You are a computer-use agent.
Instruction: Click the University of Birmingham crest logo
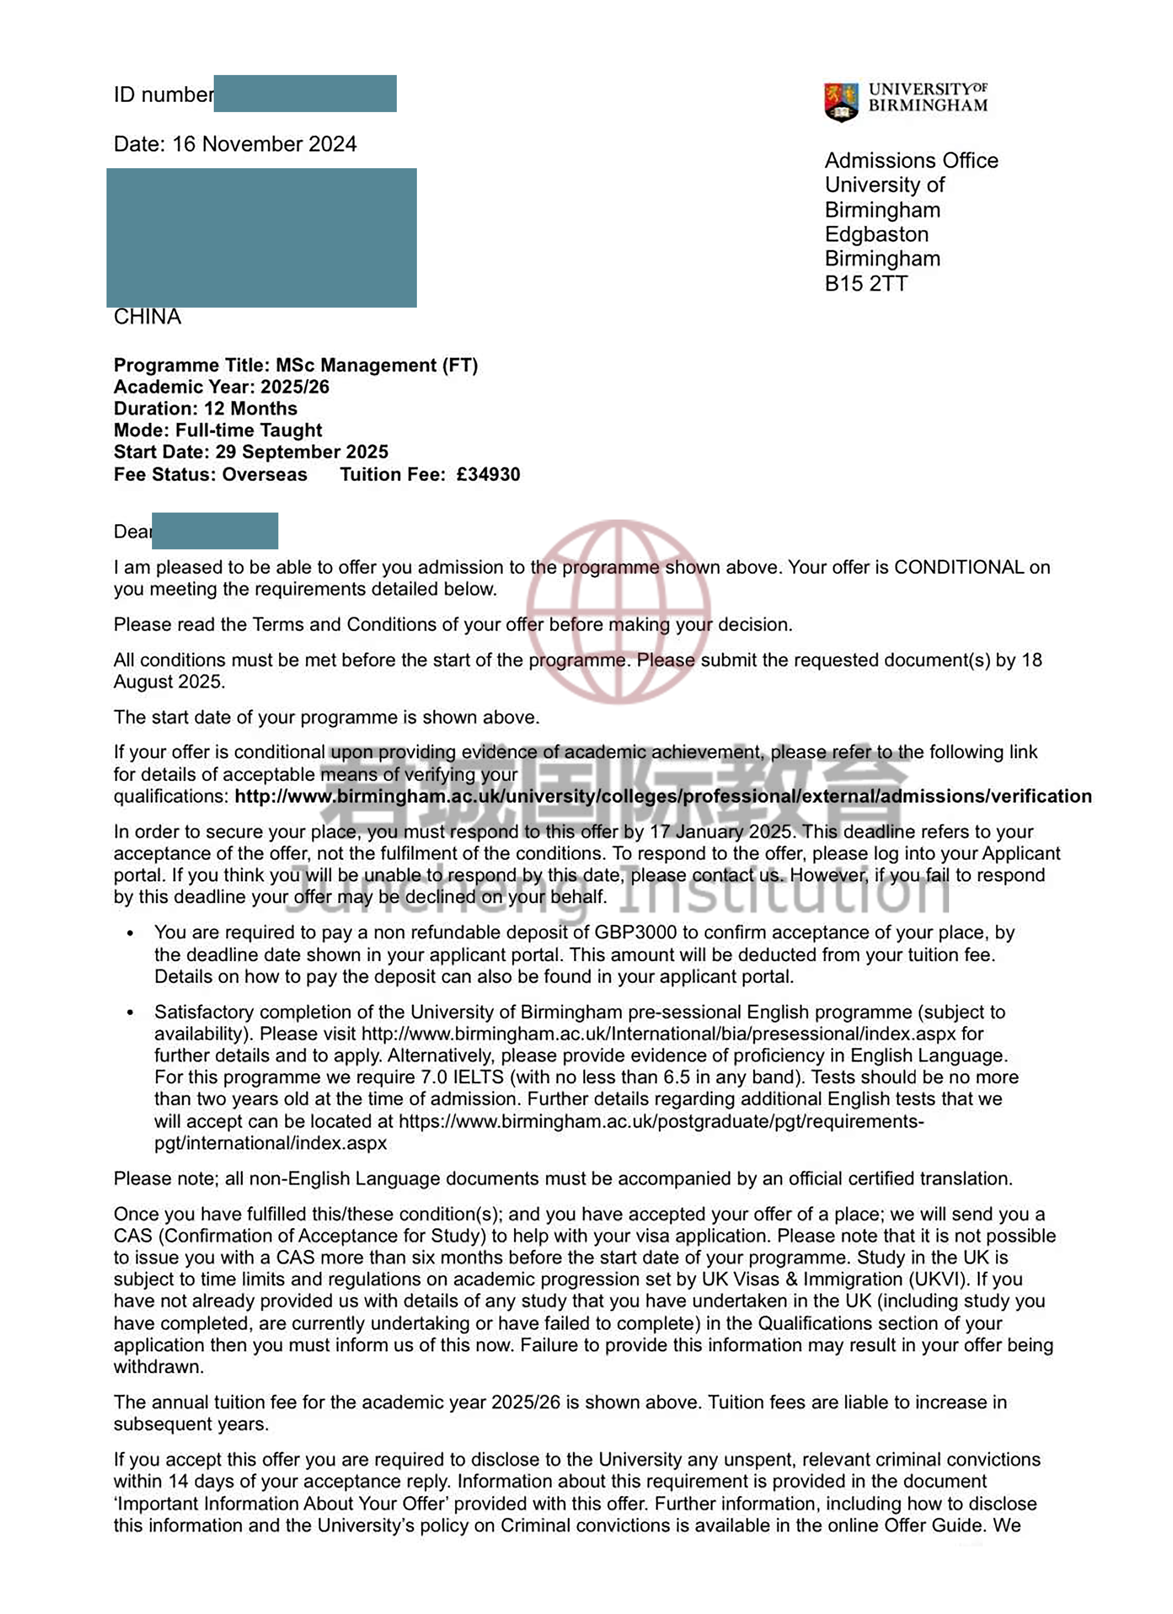coord(841,101)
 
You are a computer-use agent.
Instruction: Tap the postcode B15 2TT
coord(866,283)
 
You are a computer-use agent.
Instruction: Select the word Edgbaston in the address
coord(876,234)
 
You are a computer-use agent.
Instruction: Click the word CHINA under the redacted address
coord(147,317)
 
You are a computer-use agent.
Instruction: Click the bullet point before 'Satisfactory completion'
coord(130,1013)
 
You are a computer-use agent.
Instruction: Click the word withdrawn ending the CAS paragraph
coord(158,1367)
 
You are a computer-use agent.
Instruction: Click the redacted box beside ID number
coord(304,93)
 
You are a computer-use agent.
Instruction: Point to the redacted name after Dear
coord(215,531)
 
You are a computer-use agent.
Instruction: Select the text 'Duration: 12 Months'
coord(206,408)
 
